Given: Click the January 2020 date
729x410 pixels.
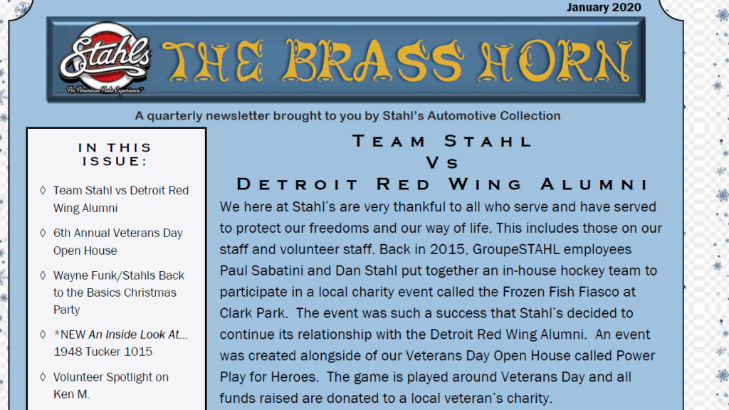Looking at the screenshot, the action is tap(604, 7).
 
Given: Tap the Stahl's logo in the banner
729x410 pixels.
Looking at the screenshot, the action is tap(105, 58).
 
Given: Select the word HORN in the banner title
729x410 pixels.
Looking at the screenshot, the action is tap(555, 61).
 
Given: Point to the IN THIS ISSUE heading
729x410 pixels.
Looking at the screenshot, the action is tap(115, 154).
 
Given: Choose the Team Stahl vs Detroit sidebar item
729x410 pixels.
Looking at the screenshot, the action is tap(121, 199).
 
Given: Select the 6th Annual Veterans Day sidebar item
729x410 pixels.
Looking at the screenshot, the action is tap(118, 242).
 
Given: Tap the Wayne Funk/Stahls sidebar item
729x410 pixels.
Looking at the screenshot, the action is tap(119, 293).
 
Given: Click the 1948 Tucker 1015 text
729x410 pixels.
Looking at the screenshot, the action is tap(103, 352).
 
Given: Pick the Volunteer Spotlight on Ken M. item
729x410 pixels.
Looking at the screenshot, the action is tap(110, 385).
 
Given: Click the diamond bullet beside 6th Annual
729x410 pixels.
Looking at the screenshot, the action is tap(43, 233).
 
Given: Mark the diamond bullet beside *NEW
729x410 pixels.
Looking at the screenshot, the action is tap(43, 335).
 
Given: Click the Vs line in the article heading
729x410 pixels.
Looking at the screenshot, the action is tap(442, 163).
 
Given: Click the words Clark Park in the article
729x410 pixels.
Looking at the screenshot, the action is tap(252, 313).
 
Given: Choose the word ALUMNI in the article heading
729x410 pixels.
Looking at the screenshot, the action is tap(594, 184).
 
